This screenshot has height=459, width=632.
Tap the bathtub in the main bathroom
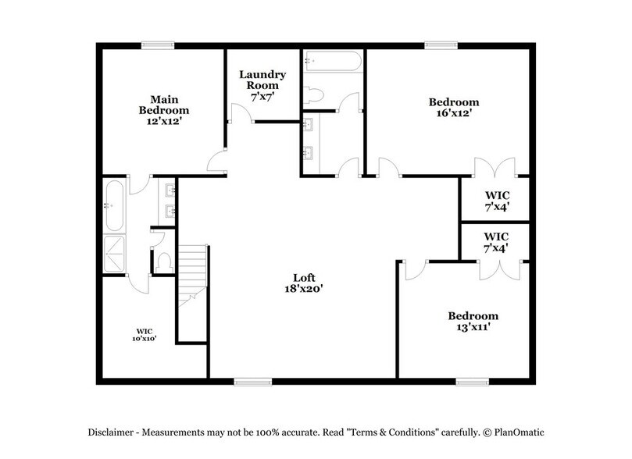click(113, 205)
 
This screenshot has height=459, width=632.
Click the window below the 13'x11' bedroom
click(473, 382)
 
